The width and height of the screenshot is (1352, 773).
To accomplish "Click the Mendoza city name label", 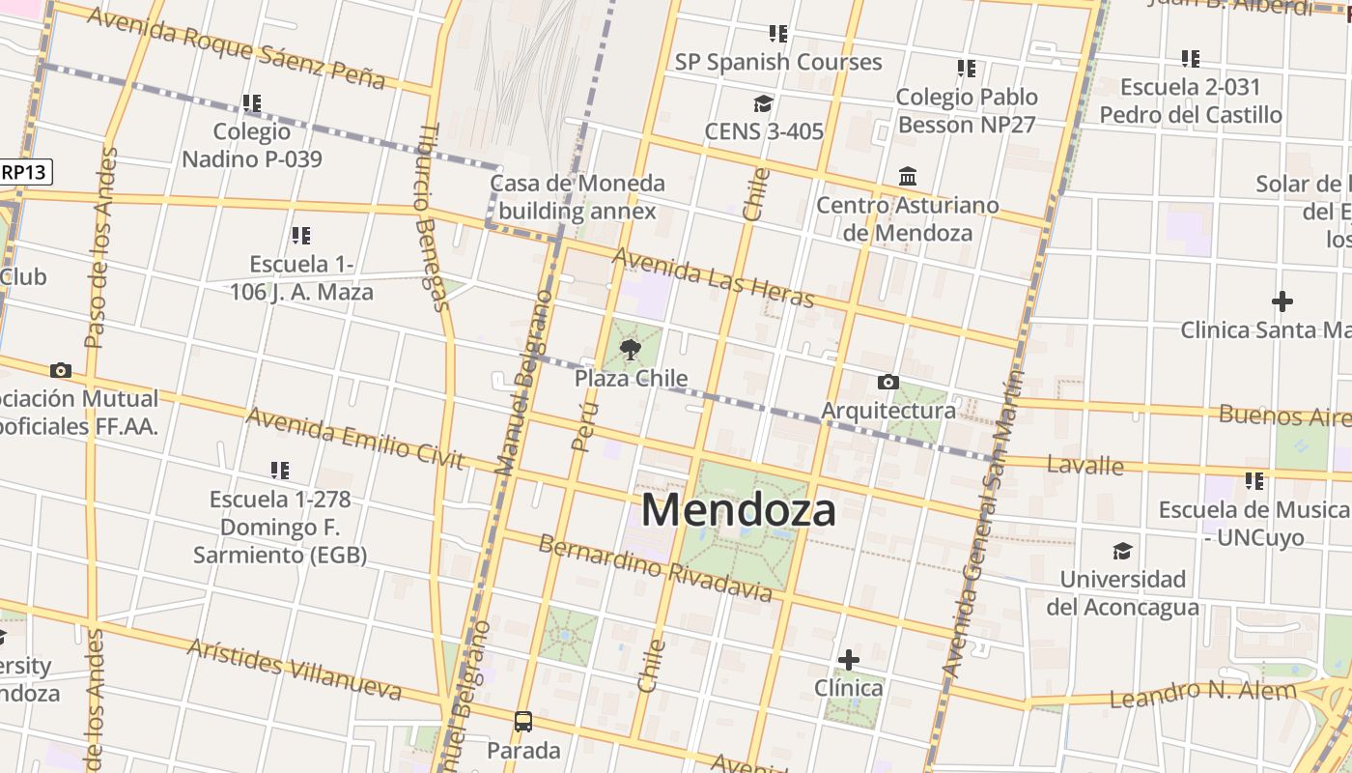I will coord(738,510).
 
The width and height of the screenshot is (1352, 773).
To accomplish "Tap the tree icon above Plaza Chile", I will coord(631,349).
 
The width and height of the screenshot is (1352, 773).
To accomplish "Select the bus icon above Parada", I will coord(523,721).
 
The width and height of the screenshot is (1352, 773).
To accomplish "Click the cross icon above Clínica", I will coord(849,660).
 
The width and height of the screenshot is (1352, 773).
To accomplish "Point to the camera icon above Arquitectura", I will coord(887,383).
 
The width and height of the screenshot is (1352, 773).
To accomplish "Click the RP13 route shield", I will coord(25,172).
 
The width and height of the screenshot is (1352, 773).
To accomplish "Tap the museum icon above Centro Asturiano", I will coord(908,177).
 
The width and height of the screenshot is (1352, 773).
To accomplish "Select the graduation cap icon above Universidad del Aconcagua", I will coord(1122,552).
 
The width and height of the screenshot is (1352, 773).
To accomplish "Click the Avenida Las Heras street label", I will coord(713,277).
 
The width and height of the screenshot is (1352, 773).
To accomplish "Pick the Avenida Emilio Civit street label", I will coord(355,438).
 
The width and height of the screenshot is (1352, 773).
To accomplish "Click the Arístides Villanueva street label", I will coord(294,669).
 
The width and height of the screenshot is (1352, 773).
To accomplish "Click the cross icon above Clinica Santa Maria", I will coord(1282,301).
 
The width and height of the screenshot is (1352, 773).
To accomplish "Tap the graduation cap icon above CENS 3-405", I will coord(764,103).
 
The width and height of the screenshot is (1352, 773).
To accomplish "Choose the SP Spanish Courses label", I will coord(778,62).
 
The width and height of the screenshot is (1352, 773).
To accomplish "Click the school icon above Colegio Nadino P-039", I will coord(252,102).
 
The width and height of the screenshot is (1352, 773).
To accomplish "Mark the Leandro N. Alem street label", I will coord(1202,693).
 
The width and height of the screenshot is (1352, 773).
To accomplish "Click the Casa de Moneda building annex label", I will coord(577,197).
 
